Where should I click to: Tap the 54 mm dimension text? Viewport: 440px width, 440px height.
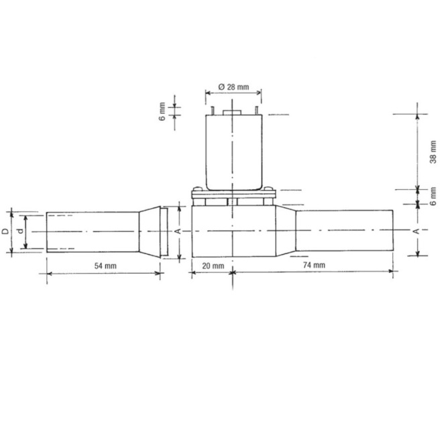point(104,266)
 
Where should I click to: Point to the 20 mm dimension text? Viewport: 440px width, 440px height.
point(213,266)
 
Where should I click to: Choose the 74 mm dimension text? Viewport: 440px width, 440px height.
point(312,266)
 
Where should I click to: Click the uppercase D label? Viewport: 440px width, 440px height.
point(5,231)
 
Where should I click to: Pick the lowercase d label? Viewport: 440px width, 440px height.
point(20,231)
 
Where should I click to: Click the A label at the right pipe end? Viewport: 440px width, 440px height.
point(417,231)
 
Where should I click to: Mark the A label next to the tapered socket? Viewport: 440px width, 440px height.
point(178,231)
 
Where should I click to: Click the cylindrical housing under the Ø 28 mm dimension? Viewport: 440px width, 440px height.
point(232,151)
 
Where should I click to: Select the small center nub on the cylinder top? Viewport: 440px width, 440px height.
point(232,108)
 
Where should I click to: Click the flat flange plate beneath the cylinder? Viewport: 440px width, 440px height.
point(232,194)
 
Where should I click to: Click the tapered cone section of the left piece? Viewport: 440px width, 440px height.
point(148,231)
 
